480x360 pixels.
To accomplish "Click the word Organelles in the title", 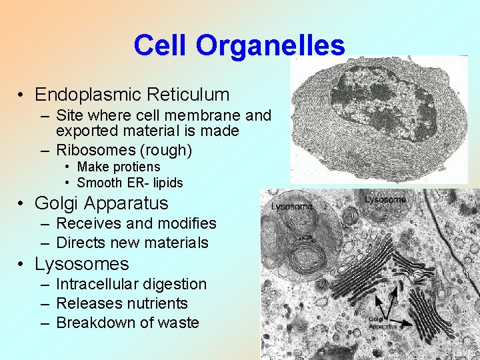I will [271, 45].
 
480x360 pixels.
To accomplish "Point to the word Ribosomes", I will [91, 150].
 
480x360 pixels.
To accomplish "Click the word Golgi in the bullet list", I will [56, 203].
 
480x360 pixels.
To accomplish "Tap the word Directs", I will [80, 243].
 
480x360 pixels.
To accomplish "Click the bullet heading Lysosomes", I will [81, 264].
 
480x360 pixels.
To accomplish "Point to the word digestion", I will [175, 284].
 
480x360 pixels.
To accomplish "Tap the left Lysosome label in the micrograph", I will [292, 207].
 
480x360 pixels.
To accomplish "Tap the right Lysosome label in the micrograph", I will [385, 199].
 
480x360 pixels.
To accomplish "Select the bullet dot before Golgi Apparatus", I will [22, 203].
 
